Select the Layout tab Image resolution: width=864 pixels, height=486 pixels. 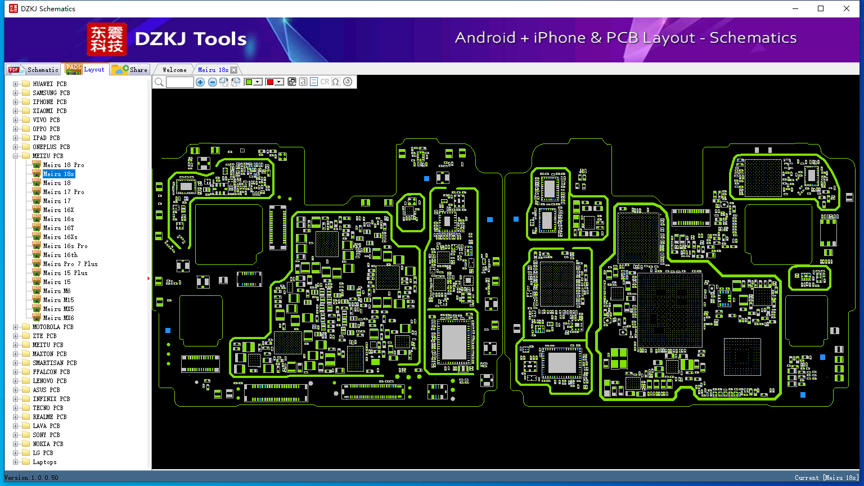tap(85, 69)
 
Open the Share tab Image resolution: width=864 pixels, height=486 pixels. tap(130, 70)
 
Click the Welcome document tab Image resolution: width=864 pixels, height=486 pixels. tap(174, 70)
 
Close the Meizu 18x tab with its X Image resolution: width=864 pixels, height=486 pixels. tap(234, 70)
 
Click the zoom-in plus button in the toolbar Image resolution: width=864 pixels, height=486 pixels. tap(200, 82)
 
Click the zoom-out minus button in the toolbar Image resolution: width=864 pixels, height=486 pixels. tap(212, 82)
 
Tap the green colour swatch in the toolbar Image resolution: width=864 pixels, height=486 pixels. tap(249, 82)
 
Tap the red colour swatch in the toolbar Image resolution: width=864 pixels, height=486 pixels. tap(270, 82)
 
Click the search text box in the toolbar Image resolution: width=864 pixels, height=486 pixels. tap(180, 82)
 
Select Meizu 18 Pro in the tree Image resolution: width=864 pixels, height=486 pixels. tap(63, 165)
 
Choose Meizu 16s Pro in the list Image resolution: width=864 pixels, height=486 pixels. tap(65, 246)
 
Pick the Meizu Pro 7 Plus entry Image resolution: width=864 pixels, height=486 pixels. tap(70, 264)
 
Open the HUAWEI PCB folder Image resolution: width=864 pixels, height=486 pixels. tap(49, 84)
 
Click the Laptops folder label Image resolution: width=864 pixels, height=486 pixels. tap(44, 462)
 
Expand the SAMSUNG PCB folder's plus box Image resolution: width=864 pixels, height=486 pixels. tap(15, 93)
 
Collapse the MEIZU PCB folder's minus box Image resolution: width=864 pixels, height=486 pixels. tap(15, 156)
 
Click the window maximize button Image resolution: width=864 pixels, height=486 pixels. tap(821, 8)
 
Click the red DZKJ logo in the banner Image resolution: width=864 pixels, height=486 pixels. tap(107, 39)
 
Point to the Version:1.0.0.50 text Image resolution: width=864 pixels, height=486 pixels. tap(31, 478)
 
